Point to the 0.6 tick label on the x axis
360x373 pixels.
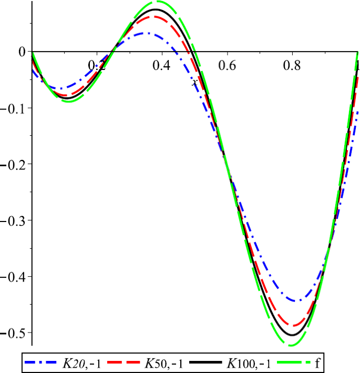pyautogui.click(x=227, y=65)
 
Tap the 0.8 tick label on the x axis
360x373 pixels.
pyautogui.click(x=292, y=65)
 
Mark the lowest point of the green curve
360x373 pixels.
pyautogui.click(x=292, y=346)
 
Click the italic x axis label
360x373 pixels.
pyautogui.click(x=194, y=83)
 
